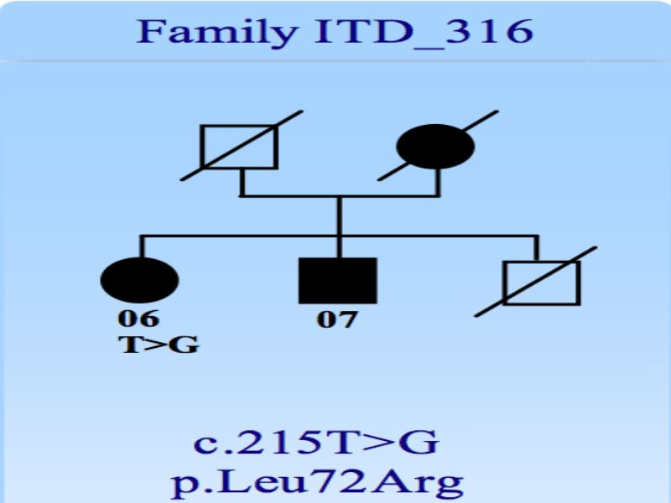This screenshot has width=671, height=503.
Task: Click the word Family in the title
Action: pos(217,32)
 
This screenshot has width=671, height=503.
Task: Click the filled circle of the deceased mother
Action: pos(435,147)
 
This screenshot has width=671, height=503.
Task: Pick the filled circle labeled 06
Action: pos(139,280)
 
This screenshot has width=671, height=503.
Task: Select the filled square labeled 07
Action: pos(338,281)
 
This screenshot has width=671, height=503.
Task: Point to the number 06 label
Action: pos(138,319)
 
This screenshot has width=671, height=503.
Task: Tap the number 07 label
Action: pos(336,319)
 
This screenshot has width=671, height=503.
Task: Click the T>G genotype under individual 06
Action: pos(159,345)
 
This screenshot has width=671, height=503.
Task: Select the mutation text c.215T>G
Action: pos(316,443)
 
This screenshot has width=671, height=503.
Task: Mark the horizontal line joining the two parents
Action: pos(340,196)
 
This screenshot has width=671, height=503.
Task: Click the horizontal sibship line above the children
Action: pos(340,236)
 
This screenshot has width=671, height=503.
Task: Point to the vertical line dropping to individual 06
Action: pos(143,246)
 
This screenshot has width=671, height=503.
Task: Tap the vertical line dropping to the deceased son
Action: pos(537,247)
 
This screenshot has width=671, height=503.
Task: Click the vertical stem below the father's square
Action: pos(242,183)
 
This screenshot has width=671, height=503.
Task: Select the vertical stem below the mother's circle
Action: pos(438,183)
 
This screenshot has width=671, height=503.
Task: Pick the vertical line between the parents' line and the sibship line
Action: pos(340,216)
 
